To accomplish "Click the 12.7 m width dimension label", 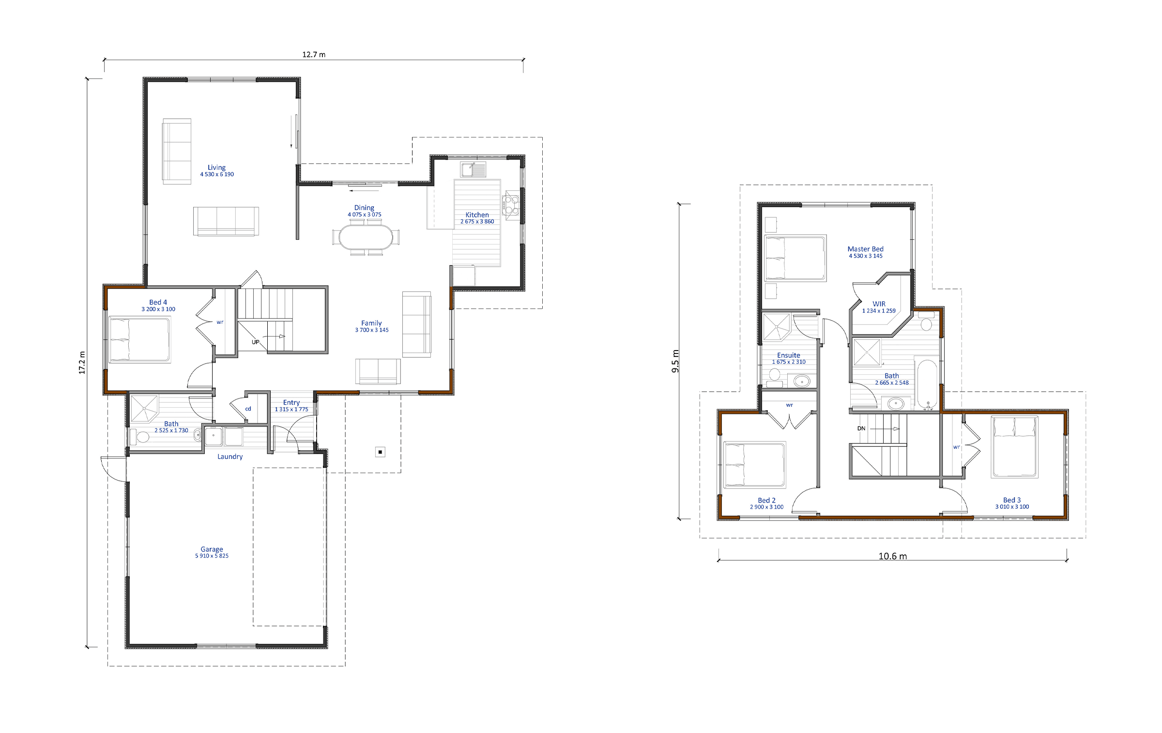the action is [x=314, y=55].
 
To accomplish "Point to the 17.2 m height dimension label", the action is [x=82, y=363].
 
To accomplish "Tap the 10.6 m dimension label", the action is [x=893, y=556].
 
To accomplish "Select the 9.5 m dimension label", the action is [x=675, y=361].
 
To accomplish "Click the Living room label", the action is [x=216, y=168].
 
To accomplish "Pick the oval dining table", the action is [x=366, y=237].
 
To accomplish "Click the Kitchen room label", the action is [x=477, y=215].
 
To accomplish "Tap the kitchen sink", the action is [x=473, y=169].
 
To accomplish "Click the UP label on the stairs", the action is [x=256, y=342].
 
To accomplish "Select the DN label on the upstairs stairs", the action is [x=861, y=428].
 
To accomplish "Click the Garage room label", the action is [x=212, y=550].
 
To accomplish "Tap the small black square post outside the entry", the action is [x=380, y=452].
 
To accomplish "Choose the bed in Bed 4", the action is [x=140, y=339].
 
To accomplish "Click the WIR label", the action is [x=879, y=304].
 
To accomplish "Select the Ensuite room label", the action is [x=789, y=355].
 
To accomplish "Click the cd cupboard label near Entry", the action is [x=248, y=409].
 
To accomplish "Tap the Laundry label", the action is [x=230, y=457].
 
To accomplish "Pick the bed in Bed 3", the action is [x=1014, y=447].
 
